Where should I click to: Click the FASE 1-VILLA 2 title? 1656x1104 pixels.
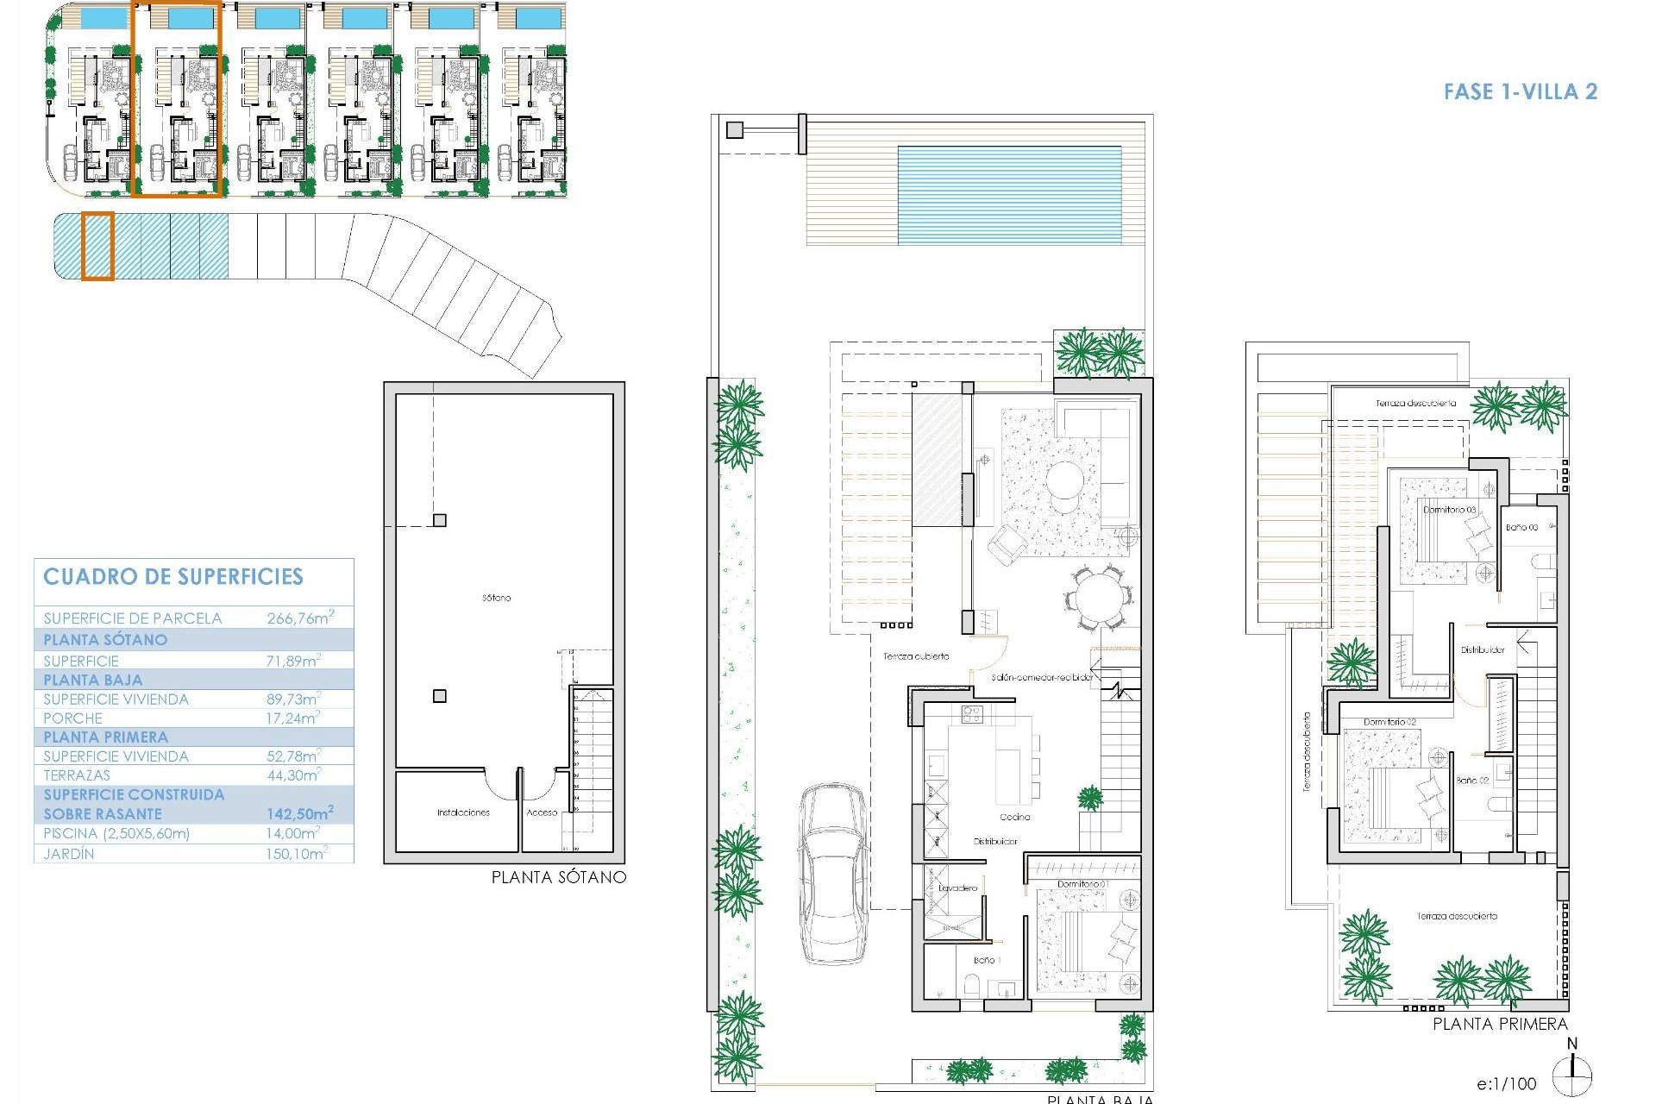[1520, 91]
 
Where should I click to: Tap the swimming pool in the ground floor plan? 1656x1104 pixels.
[1008, 194]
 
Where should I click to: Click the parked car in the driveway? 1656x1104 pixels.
[833, 873]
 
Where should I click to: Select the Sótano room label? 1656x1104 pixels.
[496, 598]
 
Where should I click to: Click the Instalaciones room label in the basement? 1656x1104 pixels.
[463, 812]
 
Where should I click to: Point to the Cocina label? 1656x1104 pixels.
[1014, 817]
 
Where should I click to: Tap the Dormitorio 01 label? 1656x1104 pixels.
[1082, 884]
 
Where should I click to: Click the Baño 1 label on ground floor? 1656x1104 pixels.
[984, 960]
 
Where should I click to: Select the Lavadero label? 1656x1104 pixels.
[958, 888]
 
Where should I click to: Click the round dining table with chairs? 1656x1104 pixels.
[1097, 597]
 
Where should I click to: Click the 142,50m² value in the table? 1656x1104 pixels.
[299, 813]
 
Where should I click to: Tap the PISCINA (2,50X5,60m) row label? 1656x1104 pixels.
[116, 833]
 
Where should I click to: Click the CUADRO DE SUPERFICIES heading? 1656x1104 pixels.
[173, 577]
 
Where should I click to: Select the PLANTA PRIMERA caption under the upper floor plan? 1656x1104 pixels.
[1500, 1024]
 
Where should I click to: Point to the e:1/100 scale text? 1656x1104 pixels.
[1506, 1083]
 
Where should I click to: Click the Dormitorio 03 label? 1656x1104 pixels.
[1449, 510]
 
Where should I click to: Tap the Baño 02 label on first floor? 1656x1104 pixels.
[1472, 780]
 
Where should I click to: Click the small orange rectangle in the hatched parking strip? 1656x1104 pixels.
[97, 247]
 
